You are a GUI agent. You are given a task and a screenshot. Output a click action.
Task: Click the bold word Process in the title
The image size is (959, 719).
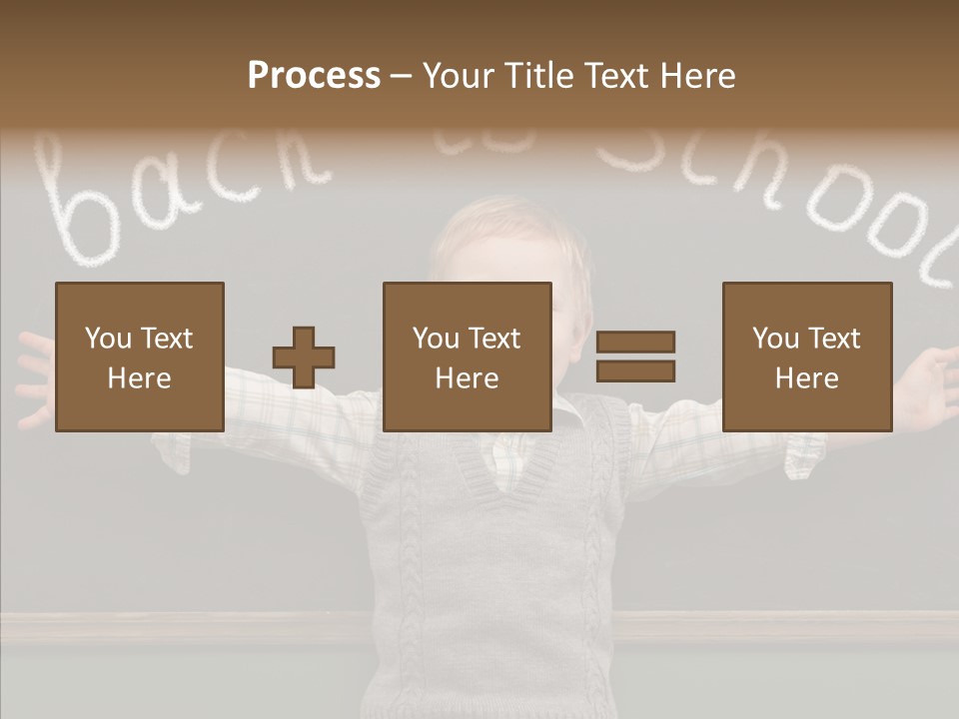(x=314, y=76)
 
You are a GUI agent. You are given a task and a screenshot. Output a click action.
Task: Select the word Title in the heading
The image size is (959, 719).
(x=537, y=76)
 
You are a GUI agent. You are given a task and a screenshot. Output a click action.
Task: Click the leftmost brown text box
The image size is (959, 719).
(x=139, y=357)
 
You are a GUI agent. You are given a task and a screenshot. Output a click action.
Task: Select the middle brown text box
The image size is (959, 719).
(x=467, y=357)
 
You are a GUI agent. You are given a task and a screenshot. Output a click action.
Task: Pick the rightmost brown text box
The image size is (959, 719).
(x=806, y=357)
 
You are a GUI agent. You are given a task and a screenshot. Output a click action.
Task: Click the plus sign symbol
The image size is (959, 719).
(x=304, y=357)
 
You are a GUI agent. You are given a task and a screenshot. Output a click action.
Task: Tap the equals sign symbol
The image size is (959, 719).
(x=635, y=357)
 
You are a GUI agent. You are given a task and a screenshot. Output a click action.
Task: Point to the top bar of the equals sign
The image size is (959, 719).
(x=635, y=342)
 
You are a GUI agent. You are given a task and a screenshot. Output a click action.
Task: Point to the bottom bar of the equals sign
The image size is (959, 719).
(x=635, y=371)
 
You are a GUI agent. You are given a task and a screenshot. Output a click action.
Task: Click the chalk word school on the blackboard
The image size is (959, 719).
(x=779, y=190)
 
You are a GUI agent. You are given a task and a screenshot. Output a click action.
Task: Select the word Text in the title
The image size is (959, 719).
(x=615, y=76)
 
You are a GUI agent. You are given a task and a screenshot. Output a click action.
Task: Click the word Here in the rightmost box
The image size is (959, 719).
(x=806, y=378)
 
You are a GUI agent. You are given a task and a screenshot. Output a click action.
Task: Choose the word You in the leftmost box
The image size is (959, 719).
(x=107, y=339)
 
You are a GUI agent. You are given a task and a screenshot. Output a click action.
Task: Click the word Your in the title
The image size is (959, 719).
(x=459, y=76)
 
